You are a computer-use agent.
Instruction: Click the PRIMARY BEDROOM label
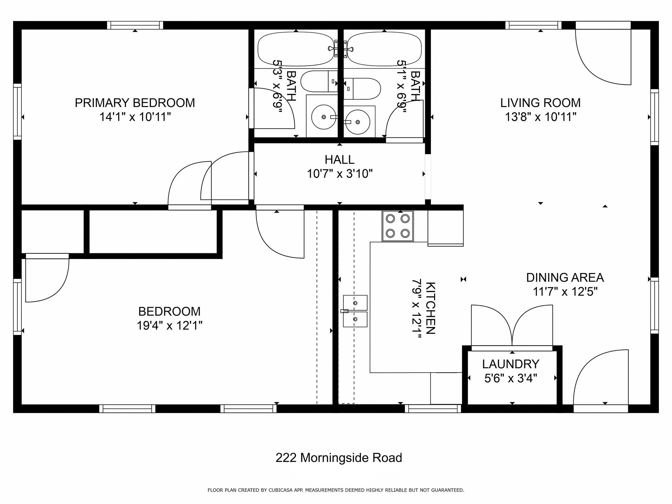coord(135,103)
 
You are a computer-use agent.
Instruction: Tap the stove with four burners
coord(397,226)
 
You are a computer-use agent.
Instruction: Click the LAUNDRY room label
coord(511,364)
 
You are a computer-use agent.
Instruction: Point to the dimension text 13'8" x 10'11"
coord(540,117)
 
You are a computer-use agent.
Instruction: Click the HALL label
coord(339,160)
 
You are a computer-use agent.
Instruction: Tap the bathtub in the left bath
coord(296,49)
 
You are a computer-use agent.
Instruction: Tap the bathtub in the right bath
coord(384,49)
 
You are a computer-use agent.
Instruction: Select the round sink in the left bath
coord(324,117)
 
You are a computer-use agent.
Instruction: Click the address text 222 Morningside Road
coord(339,458)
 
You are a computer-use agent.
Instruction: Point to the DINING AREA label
coord(565,278)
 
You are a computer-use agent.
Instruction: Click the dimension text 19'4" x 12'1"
coord(169,326)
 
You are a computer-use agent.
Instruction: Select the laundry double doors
coord(512,326)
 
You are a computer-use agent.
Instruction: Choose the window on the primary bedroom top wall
coord(135,25)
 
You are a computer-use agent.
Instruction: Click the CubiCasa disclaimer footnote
coord(336,490)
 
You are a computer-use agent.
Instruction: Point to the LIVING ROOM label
coord(540,103)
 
